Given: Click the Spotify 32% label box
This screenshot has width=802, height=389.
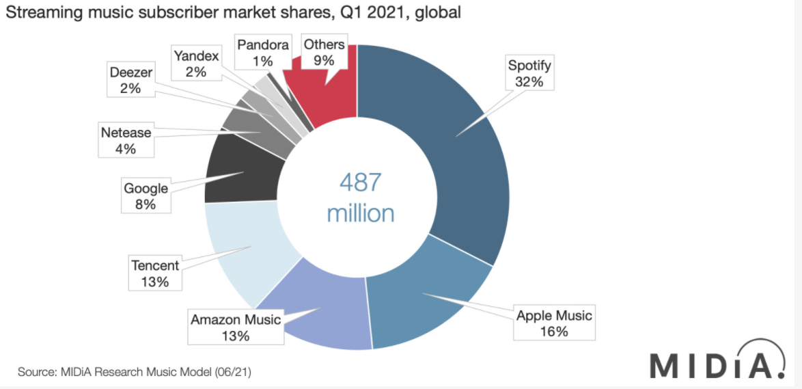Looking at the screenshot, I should (529, 73).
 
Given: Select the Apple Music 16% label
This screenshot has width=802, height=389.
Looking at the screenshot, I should (554, 323).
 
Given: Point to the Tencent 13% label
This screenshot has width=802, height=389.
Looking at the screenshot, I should (154, 273).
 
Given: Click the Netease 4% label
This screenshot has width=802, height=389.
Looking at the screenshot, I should (125, 139).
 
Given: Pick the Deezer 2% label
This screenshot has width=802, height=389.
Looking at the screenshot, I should (130, 80).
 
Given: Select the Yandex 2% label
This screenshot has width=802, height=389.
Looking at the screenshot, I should (195, 62).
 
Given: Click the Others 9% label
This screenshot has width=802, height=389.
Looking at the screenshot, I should (324, 53).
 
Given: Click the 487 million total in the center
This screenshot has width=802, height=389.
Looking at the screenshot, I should (361, 198).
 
